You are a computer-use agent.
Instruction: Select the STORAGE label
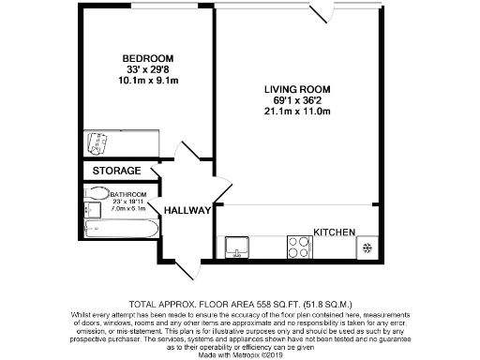pos(117,172)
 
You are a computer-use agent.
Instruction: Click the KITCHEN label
pos(333,232)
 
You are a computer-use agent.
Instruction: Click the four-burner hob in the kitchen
pos(300,247)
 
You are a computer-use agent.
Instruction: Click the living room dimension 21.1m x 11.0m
pos(296,112)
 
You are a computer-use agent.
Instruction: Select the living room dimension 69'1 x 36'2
pos(296,100)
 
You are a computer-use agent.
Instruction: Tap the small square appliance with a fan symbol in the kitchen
pos(366,247)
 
